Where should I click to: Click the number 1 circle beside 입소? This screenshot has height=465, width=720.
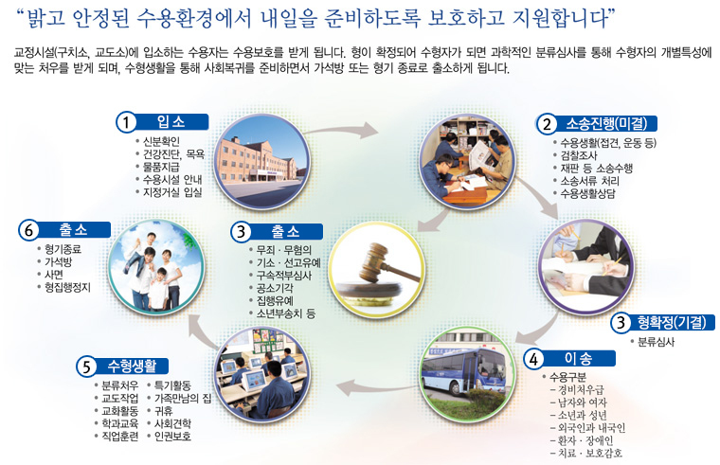click(125, 122)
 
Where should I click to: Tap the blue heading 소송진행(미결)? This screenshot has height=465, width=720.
click(606, 123)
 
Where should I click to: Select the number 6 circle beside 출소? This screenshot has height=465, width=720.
click(28, 230)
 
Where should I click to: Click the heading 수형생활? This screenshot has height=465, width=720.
click(133, 366)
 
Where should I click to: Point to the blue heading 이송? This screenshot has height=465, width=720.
click(578, 358)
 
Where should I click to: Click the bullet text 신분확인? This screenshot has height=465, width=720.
click(161, 141)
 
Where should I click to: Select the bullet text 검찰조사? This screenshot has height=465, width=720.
click(579, 155)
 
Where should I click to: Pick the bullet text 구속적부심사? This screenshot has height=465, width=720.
click(284, 276)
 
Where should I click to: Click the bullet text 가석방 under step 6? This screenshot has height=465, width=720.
click(58, 262)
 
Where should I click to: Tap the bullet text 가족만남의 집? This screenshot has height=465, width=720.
click(183, 398)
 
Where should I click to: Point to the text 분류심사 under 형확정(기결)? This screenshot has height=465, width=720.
click(657, 342)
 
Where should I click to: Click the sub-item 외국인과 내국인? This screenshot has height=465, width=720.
click(591, 428)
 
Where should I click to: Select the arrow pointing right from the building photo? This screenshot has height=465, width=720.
click(342, 130)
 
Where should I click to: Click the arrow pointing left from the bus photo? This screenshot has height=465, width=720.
click(377, 388)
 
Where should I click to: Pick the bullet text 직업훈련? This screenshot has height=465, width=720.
click(120, 436)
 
